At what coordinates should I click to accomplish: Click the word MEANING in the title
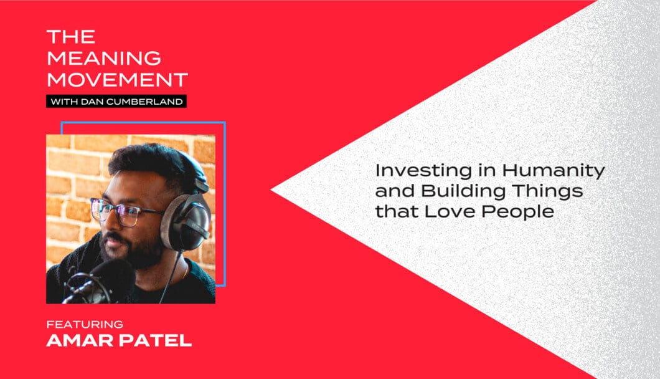pos(104,58)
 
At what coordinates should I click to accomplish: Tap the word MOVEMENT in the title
pos(118,80)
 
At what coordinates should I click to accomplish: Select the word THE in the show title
pos(71,37)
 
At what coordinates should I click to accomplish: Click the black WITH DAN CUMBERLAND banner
pos(116,101)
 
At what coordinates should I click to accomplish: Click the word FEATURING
pos(85,324)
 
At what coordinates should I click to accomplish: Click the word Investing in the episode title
pos(424,171)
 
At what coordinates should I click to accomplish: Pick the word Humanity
pos(553,171)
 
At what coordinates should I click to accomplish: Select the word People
pos(517,212)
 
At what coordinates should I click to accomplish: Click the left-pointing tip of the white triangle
pos(271,190)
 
